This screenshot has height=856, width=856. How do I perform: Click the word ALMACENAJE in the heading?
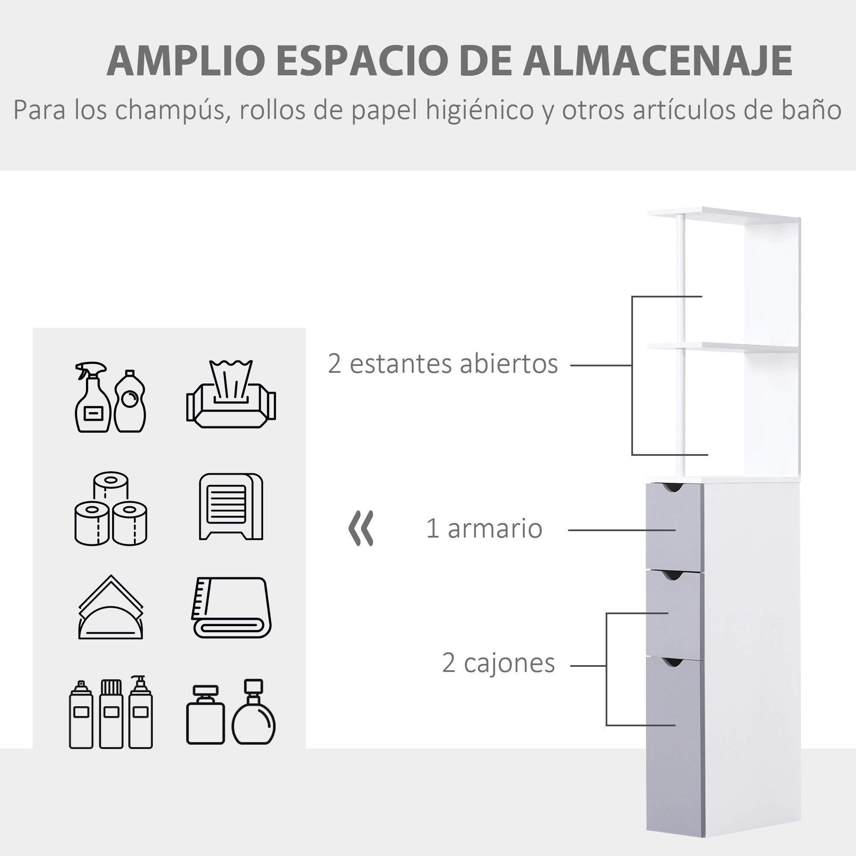[657, 61]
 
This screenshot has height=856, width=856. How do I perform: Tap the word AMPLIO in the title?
[186, 61]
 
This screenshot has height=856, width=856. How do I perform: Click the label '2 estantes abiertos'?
[443, 364]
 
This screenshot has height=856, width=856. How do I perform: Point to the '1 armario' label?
[484, 529]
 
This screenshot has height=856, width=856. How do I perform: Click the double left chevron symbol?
[362, 528]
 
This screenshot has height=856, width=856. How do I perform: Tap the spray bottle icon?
[92, 397]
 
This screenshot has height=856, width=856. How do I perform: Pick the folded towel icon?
[232, 607]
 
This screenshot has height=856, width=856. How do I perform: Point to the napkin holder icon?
[111, 608]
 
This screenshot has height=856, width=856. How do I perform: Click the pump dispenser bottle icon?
[140, 712]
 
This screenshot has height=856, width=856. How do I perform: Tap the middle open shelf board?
[722, 347]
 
